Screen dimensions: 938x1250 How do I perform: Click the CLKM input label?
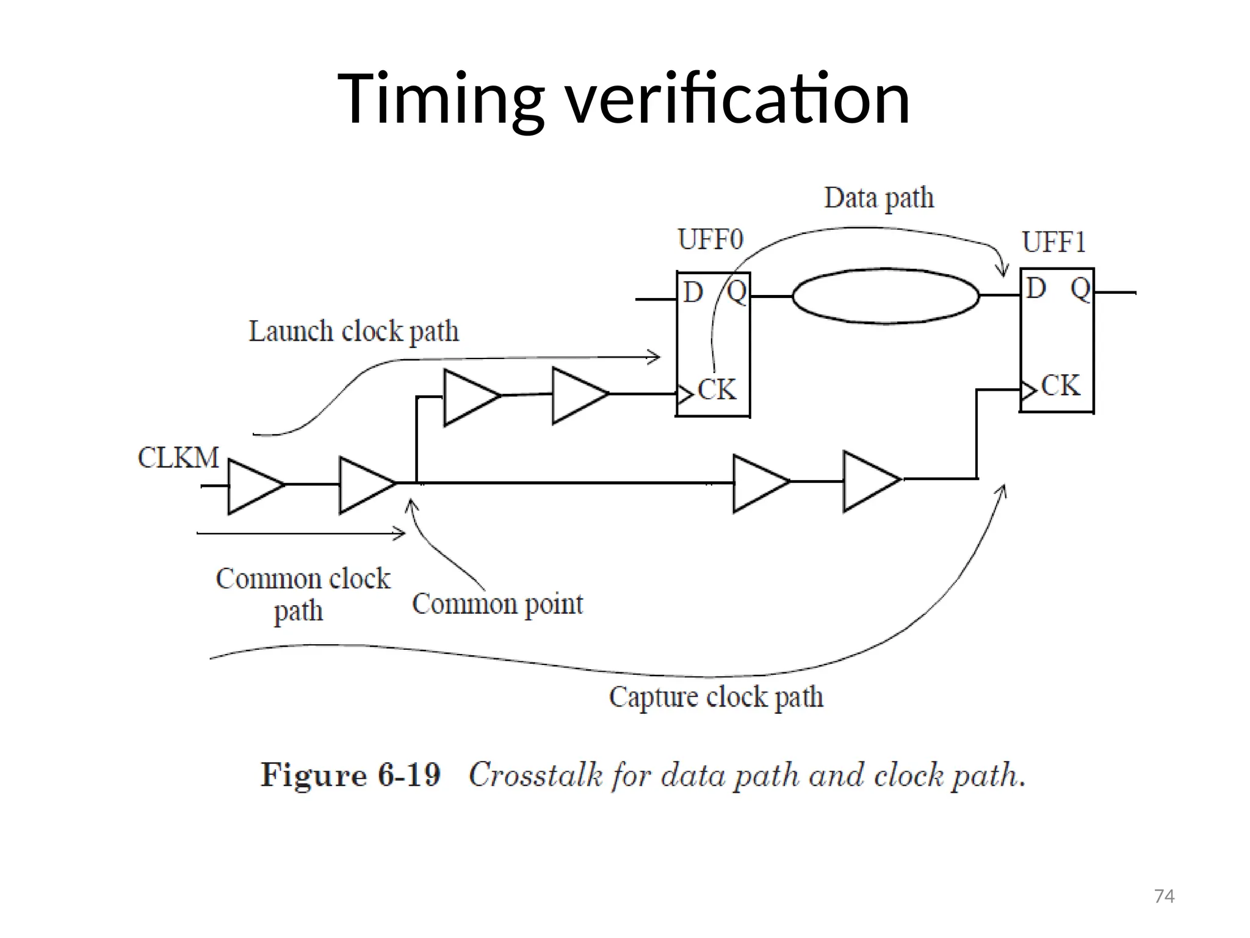click(178, 457)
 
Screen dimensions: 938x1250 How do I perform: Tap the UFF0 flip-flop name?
click(710, 239)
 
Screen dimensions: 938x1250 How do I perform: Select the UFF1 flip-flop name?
click(1054, 242)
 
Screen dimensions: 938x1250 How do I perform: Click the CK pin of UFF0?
click(716, 390)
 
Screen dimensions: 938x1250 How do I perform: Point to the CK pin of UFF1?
click(1060, 386)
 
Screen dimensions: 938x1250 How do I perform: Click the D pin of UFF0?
click(693, 293)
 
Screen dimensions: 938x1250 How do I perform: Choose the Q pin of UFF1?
click(1080, 289)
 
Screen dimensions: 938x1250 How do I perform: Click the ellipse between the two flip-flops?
click(886, 296)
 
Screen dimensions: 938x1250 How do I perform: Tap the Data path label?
click(879, 198)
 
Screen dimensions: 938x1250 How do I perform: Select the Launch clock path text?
click(353, 332)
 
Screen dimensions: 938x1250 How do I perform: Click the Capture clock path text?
click(716, 697)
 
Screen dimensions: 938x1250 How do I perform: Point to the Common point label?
click(497, 604)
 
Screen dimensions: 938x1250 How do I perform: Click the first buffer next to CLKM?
click(253, 486)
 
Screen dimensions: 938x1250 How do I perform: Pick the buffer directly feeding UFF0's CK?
click(579, 395)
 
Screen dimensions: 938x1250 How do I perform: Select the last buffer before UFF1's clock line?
click(869, 481)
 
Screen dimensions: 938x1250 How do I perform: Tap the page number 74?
click(1164, 896)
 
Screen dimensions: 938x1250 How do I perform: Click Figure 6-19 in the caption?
click(350, 775)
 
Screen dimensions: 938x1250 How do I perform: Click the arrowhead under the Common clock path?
click(400, 534)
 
